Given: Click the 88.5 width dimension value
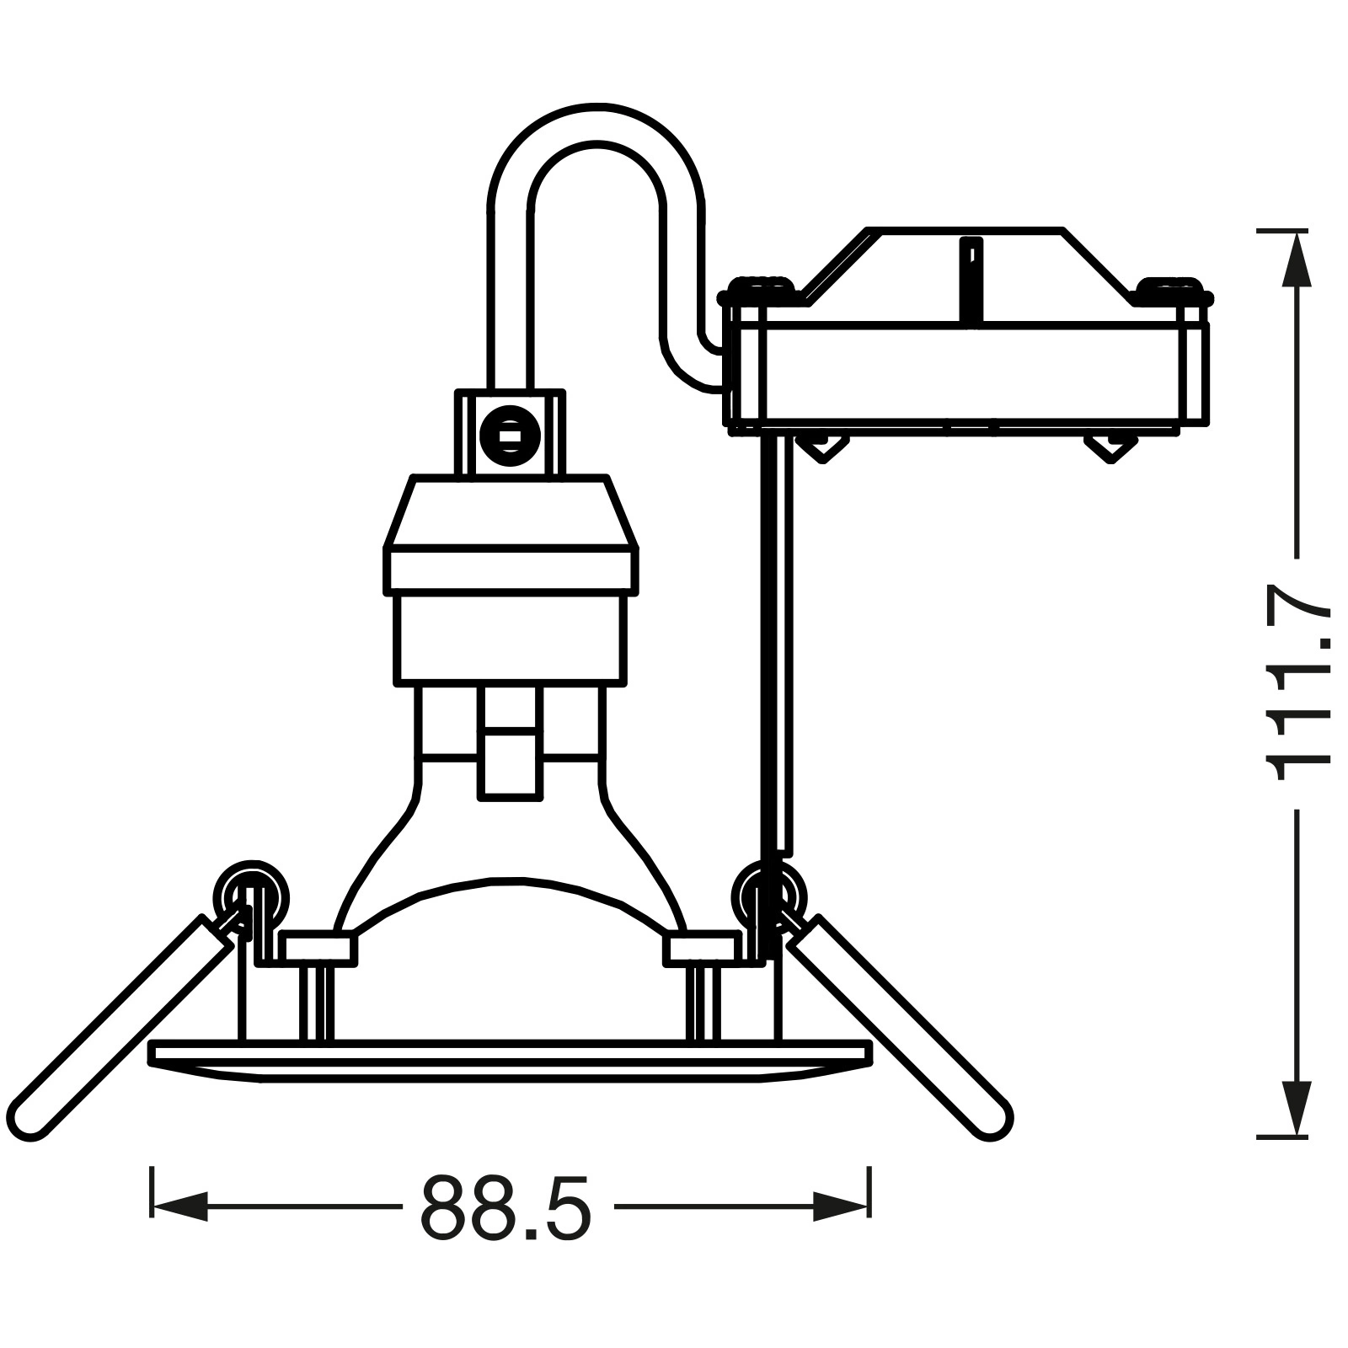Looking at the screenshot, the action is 506,1206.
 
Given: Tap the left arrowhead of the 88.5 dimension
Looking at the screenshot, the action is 179,1206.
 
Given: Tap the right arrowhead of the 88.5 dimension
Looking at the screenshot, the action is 841,1206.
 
